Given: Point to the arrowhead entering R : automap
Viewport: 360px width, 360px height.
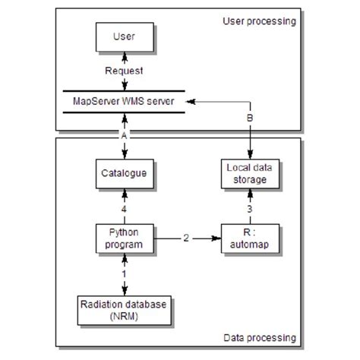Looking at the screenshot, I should click(217, 238).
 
